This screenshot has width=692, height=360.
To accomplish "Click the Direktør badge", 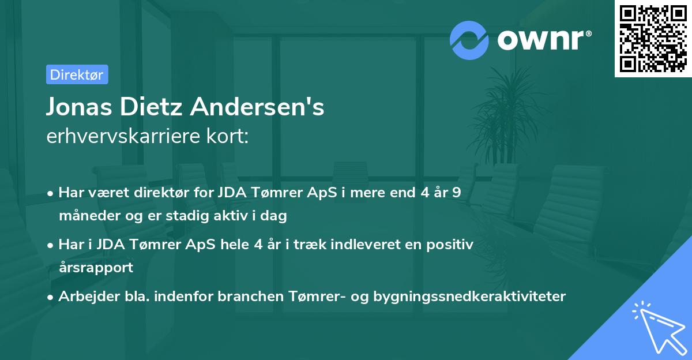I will tap(76, 74).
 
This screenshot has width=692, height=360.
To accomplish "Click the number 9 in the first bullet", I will tap(456, 193).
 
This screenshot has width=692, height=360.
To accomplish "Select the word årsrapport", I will tap(96, 268).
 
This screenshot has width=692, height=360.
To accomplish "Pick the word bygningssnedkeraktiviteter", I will tap(470, 297).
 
